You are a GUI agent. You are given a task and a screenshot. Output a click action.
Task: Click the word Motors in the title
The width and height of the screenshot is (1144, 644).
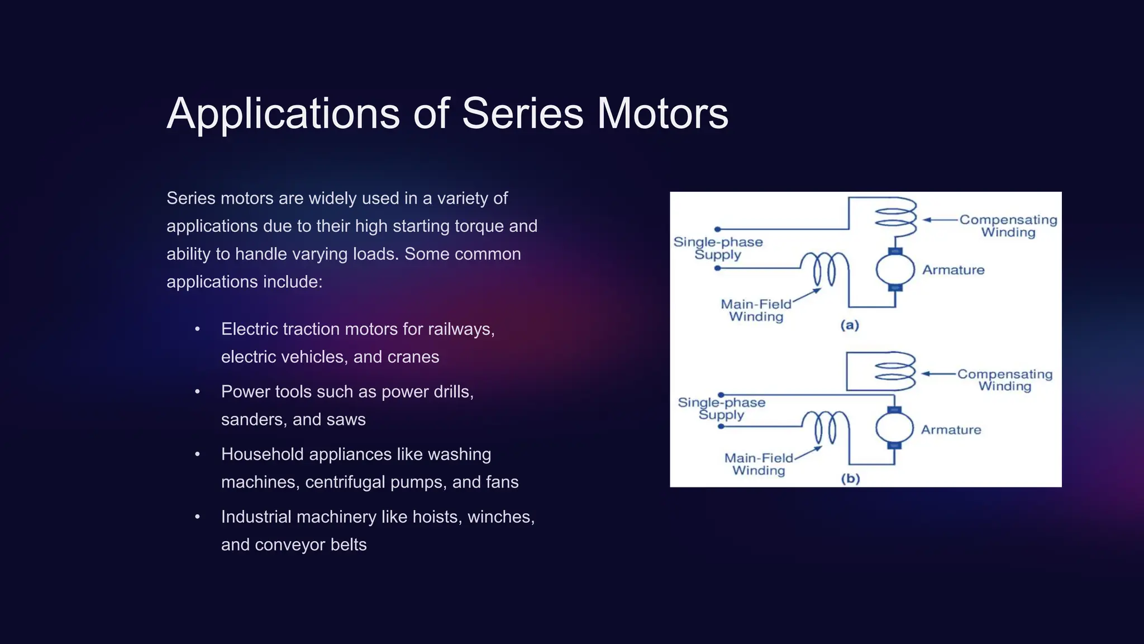point(662,113)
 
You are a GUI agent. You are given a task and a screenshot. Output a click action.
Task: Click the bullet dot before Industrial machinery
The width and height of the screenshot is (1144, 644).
point(197,517)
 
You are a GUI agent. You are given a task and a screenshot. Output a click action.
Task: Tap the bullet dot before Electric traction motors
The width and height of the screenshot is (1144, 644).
point(197,329)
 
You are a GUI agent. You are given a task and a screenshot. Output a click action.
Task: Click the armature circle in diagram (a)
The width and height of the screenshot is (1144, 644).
point(895,269)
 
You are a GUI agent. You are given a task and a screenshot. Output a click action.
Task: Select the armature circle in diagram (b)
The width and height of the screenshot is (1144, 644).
point(894,428)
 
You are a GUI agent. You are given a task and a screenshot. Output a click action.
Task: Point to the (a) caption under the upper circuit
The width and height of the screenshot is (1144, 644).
point(850,325)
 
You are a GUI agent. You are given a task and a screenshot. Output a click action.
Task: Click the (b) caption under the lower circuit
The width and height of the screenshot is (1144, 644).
point(850,479)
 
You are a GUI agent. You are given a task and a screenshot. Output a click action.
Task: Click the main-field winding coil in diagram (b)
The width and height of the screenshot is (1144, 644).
point(825,428)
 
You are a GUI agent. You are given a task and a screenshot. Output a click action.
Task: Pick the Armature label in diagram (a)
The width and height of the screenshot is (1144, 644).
point(953,270)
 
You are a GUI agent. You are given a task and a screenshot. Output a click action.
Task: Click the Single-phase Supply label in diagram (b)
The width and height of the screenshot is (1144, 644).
point(721,409)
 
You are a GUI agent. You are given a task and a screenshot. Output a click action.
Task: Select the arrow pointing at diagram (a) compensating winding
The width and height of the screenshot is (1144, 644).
point(940,220)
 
